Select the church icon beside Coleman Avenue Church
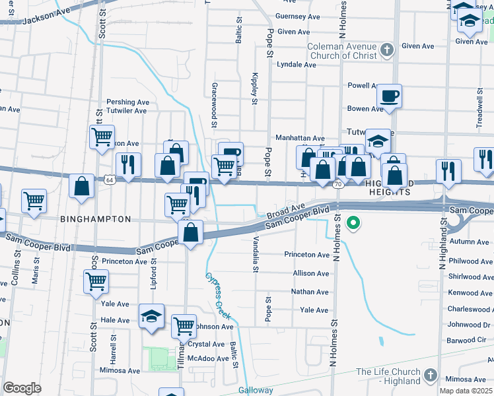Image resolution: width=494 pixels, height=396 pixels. (x=389, y=49)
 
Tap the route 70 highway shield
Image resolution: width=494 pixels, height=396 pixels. (x=337, y=184)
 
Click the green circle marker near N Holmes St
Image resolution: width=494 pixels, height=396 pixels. (x=353, y=223)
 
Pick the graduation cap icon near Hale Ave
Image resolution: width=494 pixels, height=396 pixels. (x=151, y=317)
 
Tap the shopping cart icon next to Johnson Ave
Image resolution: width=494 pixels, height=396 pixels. (x=184, y=326)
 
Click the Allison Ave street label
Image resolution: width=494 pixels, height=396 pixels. (x=310, y=273)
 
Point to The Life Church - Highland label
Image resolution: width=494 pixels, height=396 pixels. (x=388, y=376)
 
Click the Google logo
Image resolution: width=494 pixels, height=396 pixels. (x=22, y=388)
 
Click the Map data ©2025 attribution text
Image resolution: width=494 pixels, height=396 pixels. (x=466, y=391)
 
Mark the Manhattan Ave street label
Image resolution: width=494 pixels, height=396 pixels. (x=300, y=139)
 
